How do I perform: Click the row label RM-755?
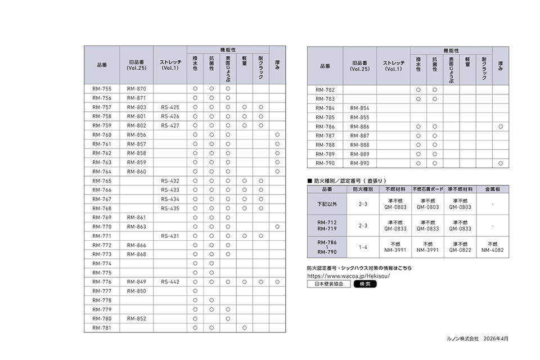tap(102, 89)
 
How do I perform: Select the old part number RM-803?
tap(136, 107)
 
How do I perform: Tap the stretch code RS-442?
tap(170, 282)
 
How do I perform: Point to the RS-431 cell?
tap(170, 236)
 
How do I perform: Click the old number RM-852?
tap(136, 318)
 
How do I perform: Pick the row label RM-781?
tap(102, 327)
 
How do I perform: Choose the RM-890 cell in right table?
tap(360, 163)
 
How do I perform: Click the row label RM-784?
tap(325, 108)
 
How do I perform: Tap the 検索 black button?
tap(365, 284)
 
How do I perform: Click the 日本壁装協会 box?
tap(328, 284)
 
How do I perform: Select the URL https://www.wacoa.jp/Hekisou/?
tap(349, 276)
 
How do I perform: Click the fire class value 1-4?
tap(360, 247)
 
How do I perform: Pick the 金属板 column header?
tap(493, 190)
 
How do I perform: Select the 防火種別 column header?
tap(360, 190)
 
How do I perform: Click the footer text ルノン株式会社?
tap(462, 339)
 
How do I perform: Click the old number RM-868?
tap(136, 254)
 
